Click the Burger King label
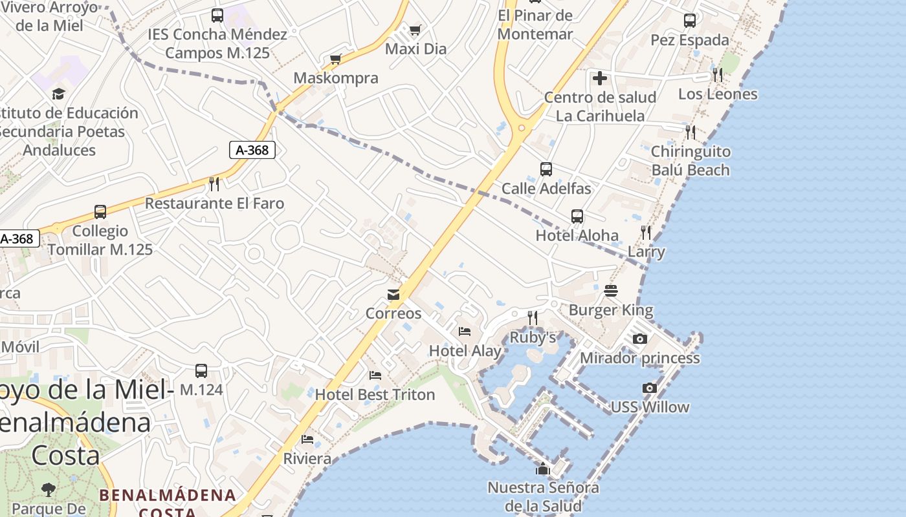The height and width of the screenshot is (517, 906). click(x=611, y=310)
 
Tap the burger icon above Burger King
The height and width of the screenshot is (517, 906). click(x=611, y=291)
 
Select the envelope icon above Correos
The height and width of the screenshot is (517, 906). click(x=393, y=295)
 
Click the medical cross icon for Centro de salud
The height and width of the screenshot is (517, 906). click(x=600, y=78)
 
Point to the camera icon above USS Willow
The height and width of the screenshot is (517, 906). click(x=650, y=388)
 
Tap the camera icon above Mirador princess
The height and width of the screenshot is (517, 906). click(x=639, y=339)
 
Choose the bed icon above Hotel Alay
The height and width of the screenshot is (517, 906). click(x=465, y=332)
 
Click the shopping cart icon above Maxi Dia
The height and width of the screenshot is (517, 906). click(x=415, y=30)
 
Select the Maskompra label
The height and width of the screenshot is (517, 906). click(x=336, y=78)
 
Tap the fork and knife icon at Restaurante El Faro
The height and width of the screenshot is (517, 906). click(x=214, y=184)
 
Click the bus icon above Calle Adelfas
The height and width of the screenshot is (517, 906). click(x=546, y=169)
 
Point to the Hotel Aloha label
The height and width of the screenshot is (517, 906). click(x=577, y=235)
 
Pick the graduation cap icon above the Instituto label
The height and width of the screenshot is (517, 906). click(x=59, y=94)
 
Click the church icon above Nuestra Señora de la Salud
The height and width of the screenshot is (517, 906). click(x=543, y=469)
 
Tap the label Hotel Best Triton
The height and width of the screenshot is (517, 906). click(x=375, y=394)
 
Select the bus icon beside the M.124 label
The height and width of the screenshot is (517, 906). click(x=201, y=371)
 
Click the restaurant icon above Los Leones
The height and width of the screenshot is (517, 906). click(x=717, y=75)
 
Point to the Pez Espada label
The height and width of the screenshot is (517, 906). click(x=690, y=40)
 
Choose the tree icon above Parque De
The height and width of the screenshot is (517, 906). click(x=48, y=489)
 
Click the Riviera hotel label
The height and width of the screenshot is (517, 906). click(x=307, y=459)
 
